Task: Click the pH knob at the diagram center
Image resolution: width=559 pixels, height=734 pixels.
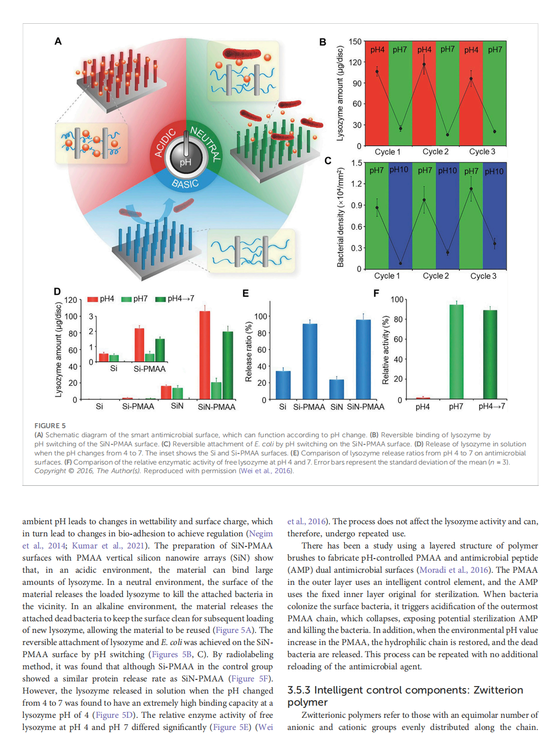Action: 186,157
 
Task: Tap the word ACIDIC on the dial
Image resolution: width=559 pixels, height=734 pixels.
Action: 165,143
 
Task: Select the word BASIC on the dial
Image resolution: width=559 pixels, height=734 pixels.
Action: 185,183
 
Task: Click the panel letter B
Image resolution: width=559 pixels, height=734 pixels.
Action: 323,42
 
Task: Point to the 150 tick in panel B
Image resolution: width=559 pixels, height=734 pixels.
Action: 355,42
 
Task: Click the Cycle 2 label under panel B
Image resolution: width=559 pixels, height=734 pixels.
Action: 436,152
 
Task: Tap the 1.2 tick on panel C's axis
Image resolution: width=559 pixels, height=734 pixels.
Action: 356,184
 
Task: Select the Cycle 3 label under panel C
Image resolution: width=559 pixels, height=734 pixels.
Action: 483,276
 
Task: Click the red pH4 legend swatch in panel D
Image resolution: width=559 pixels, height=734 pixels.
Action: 93,299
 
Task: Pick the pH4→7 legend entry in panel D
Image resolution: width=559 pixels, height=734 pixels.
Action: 175,299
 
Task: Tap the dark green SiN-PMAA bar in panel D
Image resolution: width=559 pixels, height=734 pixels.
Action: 228,364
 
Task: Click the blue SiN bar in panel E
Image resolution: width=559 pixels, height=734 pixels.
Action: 336,389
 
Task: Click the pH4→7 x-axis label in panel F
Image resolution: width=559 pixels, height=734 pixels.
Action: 492,406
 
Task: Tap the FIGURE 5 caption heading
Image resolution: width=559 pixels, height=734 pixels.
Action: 50,426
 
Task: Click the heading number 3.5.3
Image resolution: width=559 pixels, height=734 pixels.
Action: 299,691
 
